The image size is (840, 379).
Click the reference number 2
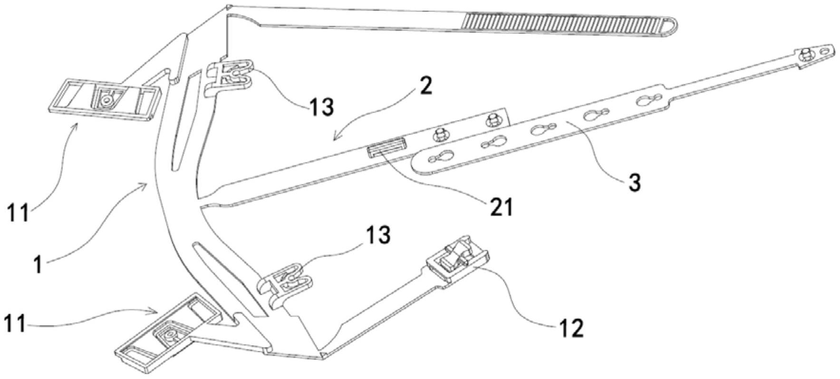[x=426, y=86]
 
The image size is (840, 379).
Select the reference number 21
[x=500, y=208]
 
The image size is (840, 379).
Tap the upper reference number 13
[x=321, y=107]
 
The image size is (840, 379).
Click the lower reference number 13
[x=378, y=235]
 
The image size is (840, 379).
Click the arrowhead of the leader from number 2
[x=334, y=140]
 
